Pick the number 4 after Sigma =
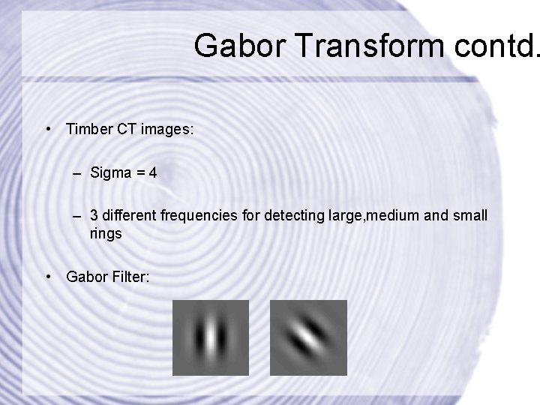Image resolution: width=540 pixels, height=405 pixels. coord(153,173)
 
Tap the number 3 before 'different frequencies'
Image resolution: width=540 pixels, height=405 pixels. coord(94,216)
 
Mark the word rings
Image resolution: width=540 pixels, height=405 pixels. coord(106,233)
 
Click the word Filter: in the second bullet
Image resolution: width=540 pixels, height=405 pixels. coord(130,277)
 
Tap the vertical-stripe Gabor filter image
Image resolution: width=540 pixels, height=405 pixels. coord(210,337)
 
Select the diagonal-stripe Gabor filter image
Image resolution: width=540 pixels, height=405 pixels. coord(307,337)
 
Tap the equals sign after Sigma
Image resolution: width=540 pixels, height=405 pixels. coord(139,173)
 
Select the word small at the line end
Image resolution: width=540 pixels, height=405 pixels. coord(470,216)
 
